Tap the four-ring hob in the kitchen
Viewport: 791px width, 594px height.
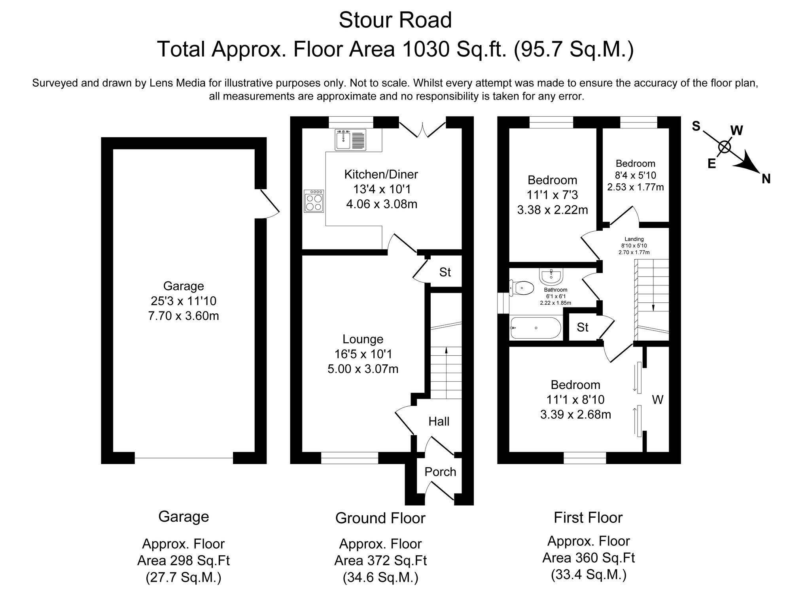pyautogui.click(x=314, y=201)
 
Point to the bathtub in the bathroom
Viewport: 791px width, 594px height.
pyautogui.click(x=536, y=328)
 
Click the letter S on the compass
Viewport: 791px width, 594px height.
pyautogui.click(x=696, y=126)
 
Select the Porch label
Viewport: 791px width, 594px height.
pyautogui.click(x=440, y=472)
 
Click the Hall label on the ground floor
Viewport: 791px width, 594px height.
pyautogui.click(x=439, y=421)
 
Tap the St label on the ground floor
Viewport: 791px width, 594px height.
pyautogui.click(x=445, y=272)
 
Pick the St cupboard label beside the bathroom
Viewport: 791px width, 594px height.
pyautogui.click(x=583, y=327)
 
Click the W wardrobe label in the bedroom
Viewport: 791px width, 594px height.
pyautogui.click(x=657, y=400)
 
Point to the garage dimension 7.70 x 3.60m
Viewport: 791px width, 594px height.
pyautogui.click(x=184, y=316)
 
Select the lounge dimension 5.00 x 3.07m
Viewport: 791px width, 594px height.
pyautogui.click(x=363, y=369)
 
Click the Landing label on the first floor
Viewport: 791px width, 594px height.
pyautogui.click(x=634, y=239)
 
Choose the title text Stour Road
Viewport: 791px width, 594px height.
pyautogui.click(x=395, y=20)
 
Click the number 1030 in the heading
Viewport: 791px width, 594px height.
pyautogui.click(x=426, y=49)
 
